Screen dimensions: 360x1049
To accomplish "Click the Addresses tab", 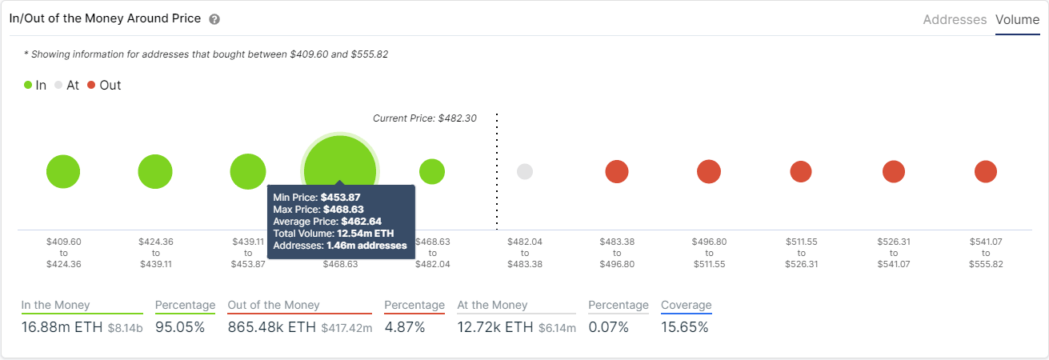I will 955,20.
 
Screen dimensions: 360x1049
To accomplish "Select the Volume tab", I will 1017,20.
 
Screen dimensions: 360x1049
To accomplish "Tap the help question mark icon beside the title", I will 214,19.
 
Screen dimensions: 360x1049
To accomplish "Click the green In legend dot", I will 28,85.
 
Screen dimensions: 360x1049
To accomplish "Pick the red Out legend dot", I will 91,85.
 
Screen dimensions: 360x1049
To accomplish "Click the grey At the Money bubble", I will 525,171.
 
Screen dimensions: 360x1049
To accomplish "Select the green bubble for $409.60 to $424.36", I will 63,171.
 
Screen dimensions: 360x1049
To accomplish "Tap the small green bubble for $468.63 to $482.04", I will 432,171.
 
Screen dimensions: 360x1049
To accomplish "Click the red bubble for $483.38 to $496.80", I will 617,171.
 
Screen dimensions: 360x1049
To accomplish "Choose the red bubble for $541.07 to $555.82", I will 986,171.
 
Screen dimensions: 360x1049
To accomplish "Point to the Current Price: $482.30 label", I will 424,118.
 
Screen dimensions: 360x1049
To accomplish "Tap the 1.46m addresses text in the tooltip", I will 366,246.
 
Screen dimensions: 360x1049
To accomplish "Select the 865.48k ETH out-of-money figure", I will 272,327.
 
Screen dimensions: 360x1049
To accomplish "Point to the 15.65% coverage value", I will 684,327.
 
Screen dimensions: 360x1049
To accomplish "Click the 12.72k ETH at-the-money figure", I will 494,327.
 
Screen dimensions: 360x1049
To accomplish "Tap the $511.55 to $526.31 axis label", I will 801,253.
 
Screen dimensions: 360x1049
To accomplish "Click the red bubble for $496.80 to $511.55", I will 709,171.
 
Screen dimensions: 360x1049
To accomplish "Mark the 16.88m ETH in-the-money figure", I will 62,327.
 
